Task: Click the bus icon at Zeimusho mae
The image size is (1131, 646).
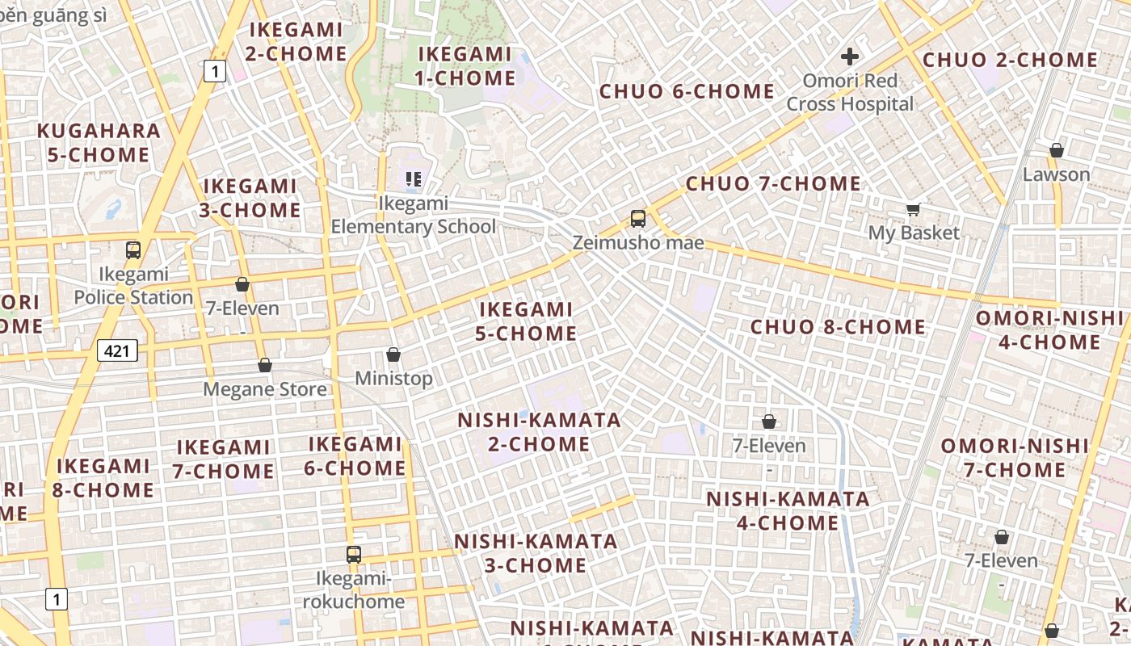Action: [638, 218]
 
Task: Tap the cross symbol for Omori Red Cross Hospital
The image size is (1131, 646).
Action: [849, 57]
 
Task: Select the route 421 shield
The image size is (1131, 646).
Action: [117, 350]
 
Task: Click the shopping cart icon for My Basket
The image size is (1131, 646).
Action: [914, 210]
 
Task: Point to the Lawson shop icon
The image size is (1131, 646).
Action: [1056, 150]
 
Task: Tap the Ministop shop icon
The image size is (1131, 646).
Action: [393, 354]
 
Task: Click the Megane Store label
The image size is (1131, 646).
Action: [265, 389]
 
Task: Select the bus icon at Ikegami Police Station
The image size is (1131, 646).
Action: [133, 250]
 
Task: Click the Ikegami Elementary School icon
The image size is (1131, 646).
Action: [414, 179]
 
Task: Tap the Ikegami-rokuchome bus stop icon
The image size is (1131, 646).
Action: [353, 555]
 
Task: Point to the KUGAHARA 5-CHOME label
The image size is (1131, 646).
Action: [99, 143]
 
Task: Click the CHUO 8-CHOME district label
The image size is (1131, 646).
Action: [838, 327]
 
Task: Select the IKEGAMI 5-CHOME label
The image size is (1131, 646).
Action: [526, 321]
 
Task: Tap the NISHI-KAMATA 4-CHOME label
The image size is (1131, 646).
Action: [788, 510]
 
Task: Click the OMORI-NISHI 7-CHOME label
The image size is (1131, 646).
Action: [1015, 458]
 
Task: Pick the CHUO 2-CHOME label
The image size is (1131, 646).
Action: [1010, 61]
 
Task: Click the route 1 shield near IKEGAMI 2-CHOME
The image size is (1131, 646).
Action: [213, 72]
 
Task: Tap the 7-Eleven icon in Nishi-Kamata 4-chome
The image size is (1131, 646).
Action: [769, 422]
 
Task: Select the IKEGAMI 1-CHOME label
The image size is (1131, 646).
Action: [465, 66]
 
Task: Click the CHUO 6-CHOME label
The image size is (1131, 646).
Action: [687, 91]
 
